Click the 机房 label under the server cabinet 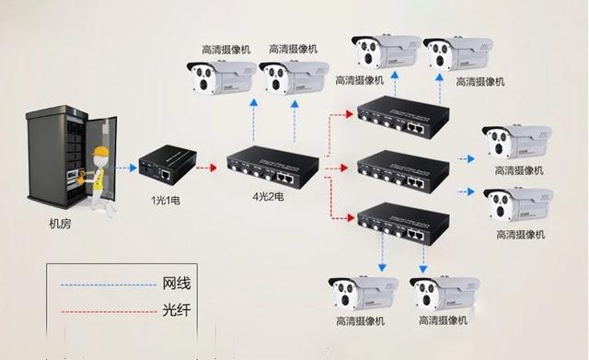tap(61, 224)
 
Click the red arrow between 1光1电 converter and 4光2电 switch tap(206, 168)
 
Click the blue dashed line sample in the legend tap(101, 285)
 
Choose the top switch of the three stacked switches tap(401, 117)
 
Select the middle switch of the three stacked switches tap(401, 169)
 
